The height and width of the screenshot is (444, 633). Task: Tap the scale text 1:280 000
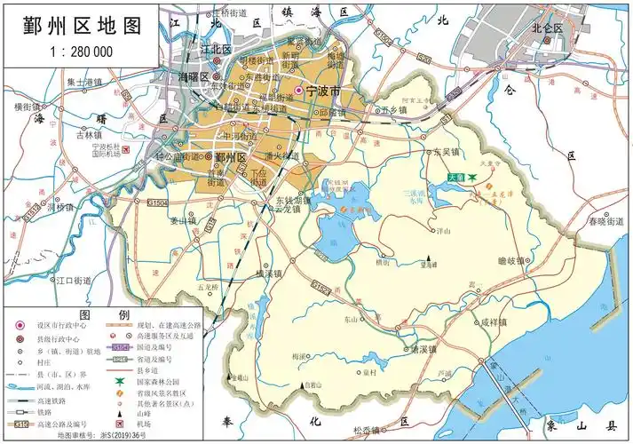pyautogui.click(x=75, y=52)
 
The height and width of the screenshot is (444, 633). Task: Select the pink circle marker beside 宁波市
pyautogui.click(x=299, y=91)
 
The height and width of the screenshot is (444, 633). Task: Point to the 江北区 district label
pyautogui.click(x=216, y=49)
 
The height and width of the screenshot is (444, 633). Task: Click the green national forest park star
pyautogui.click(x=472, y=178)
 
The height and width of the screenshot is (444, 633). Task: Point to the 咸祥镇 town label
pyautogui.click(x=495, y=323)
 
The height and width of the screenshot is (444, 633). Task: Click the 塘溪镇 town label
pyautogui.click(x=422, y=349)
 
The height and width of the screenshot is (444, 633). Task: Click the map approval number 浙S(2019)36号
pyautogui.click(x=90, y=436)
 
